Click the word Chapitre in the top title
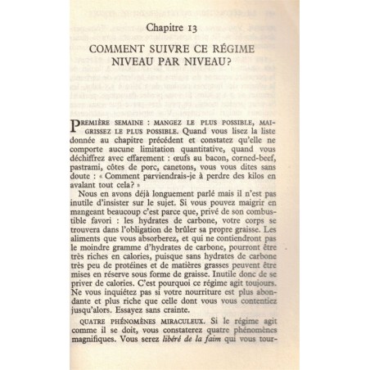click(x=170, y=29)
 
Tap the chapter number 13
click(x=208, y=29)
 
